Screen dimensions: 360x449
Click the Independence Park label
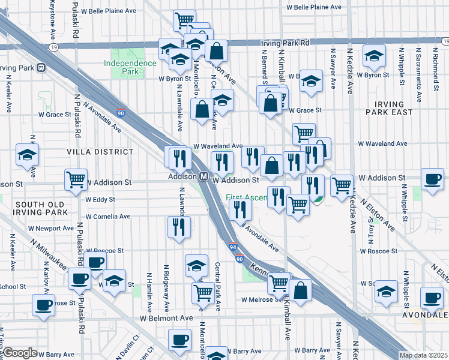point(130,67)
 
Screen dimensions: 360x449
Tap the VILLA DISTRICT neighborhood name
point(100,152)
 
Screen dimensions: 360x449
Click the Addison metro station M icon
point(203,177)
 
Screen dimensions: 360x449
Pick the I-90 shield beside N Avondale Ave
point(121,112)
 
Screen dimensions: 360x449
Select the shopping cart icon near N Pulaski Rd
point(76,179)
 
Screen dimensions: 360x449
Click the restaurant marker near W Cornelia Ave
point(179,226)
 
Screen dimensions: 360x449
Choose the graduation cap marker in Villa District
point(27,155)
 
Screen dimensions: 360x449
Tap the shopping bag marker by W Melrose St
point(301,290)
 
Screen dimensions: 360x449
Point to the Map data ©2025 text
point(423,355)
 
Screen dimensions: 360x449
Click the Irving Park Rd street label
point(285,43)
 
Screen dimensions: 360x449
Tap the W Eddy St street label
point(100,200)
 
